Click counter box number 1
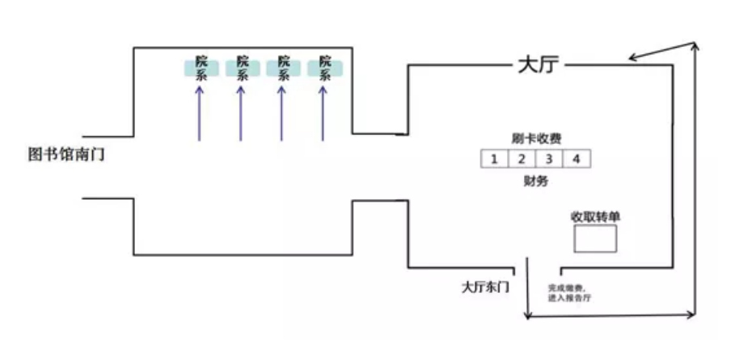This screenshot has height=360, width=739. coord(494,159)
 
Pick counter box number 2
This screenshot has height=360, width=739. coord(522,159)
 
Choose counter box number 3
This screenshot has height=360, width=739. coord(549,159)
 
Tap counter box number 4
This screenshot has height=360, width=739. coord(576,159)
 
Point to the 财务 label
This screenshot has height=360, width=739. coord(535,181)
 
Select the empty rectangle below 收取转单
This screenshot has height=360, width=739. coord(595,239)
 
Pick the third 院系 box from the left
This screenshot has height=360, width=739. coord(283,69)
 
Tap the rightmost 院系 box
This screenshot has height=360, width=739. coord(325,69)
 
